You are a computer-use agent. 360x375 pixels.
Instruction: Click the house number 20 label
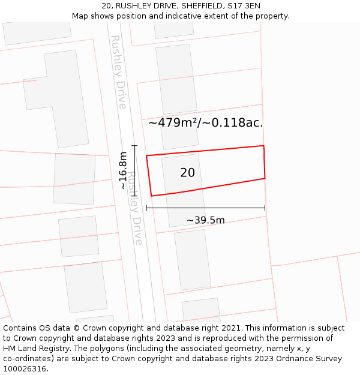coord(187,173)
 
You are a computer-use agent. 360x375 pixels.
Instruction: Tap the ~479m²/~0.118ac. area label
coord(205,123)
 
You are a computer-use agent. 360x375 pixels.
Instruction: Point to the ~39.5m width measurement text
coord(205,220)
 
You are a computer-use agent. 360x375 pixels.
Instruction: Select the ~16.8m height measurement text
coord(123,170)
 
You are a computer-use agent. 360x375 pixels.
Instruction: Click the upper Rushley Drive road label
coord(118,72)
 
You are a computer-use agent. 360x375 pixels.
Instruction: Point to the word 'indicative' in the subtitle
coord(166,16)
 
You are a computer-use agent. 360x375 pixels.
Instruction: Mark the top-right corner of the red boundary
coord(263,146)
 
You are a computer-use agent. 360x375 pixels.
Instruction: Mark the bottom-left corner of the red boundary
coord(151,196)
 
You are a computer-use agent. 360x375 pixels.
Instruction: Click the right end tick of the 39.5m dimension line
coord(265,208)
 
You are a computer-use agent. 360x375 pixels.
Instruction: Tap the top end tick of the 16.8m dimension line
coord(134,146)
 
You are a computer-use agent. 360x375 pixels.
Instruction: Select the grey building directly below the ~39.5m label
coord(193,259)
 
